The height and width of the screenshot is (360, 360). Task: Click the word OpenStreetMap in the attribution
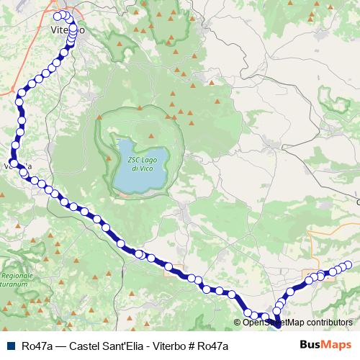coord(276,323)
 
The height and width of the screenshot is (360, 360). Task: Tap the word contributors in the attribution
coord(331,323)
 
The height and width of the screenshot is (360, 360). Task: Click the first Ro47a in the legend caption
coord(36,346)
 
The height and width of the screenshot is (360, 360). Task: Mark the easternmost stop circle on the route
coord(348,264)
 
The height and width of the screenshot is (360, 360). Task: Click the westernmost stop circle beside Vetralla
coord(14,163)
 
